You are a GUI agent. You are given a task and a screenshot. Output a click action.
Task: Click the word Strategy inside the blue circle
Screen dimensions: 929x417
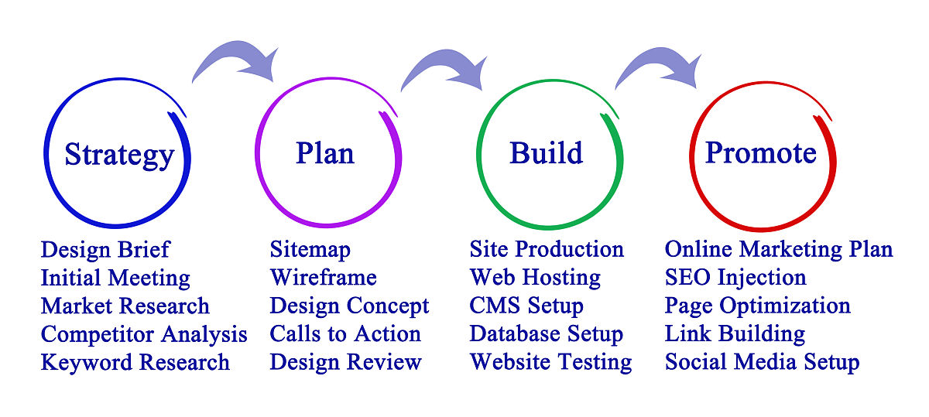[119, 155]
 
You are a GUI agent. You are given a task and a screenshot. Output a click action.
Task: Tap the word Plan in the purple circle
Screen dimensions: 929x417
[325, 153]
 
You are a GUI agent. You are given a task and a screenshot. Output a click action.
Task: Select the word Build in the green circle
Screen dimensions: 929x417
[547, 153]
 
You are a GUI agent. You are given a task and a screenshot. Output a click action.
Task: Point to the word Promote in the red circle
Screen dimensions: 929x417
[761, 153]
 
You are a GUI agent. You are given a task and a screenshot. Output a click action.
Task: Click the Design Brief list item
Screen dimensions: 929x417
[105, 250]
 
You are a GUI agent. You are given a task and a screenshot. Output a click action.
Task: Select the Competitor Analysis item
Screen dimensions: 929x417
[144, 334]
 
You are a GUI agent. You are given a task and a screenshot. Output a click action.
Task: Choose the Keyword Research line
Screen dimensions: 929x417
[135, 362]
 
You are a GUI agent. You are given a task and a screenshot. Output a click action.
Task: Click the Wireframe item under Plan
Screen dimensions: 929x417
[323, 277]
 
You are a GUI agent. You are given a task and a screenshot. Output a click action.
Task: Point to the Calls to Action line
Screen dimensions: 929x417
[345, 333]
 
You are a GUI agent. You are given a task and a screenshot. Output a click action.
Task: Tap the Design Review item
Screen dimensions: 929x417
[345, 362]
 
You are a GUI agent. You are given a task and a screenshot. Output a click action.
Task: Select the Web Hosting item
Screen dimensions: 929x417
[535, 277]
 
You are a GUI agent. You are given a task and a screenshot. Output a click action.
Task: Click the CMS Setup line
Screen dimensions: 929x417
[526, 306]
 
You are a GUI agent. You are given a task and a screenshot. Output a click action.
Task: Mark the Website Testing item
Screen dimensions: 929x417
[550, 362]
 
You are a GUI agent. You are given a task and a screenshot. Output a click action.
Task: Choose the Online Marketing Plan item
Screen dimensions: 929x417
[779, 250]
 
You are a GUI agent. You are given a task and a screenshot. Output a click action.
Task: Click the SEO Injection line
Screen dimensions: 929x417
[735, 277]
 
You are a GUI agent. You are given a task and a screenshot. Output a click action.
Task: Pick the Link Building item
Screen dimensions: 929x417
[735, 333]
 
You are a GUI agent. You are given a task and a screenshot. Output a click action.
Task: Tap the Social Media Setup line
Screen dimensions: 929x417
[762, 362]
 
